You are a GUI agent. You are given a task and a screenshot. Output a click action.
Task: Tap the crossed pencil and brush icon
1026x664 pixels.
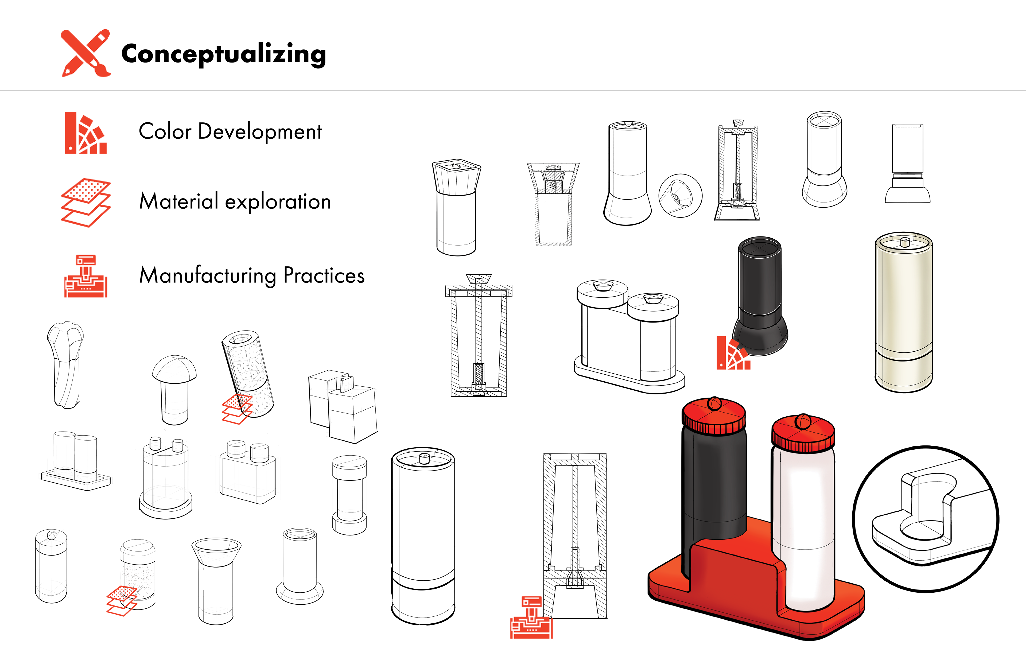[x=86, y=53]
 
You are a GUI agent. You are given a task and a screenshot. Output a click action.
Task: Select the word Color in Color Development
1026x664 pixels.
[x=165, y=131]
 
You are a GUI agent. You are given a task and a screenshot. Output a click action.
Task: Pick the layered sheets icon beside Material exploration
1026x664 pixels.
[x=86, y=203]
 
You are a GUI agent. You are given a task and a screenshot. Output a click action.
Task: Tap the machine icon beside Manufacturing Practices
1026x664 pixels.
[x=86, y=276]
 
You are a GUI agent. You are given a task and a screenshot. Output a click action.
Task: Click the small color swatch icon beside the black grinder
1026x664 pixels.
[x=733, y=353]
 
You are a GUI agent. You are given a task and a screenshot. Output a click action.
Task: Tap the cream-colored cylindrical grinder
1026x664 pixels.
[x=904, y=312]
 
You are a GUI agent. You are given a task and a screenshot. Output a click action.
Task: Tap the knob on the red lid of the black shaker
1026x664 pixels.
[x=714, y=403]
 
